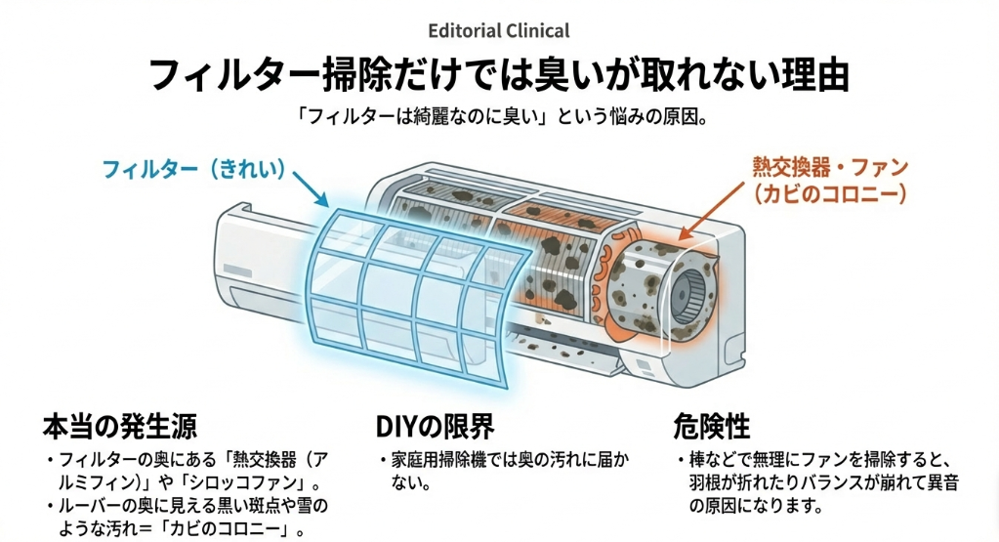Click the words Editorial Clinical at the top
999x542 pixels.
point(499,31)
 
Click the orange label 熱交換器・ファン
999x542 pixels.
point(830,167)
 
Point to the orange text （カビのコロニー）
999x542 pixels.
point(830,194)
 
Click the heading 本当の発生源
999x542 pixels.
point(119,427)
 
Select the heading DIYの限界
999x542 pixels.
point(435,427)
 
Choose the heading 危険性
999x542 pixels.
point(711,427)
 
